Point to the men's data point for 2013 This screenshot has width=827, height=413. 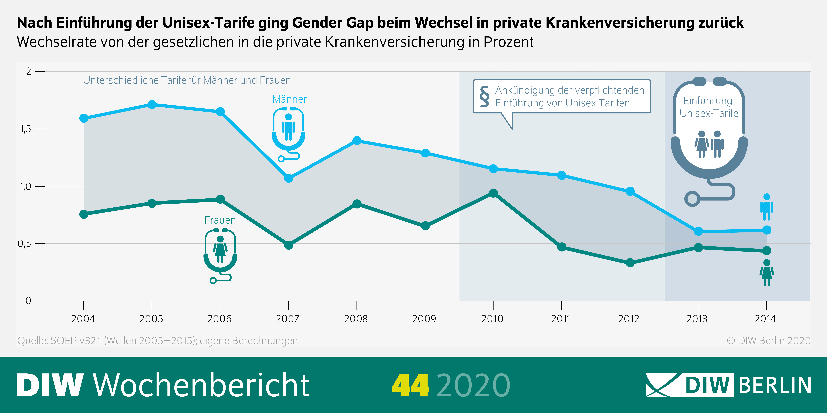[698, 231]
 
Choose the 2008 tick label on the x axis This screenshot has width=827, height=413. [356, 319]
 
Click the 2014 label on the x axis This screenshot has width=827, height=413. [765, 319]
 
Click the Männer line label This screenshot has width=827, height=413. [289, 99]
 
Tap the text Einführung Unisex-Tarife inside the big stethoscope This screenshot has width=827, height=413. [709, 107]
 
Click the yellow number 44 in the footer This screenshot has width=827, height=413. [410, 385]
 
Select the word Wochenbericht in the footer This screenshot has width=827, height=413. [201, 385]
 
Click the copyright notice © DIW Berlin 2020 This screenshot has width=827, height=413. [769, 341]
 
